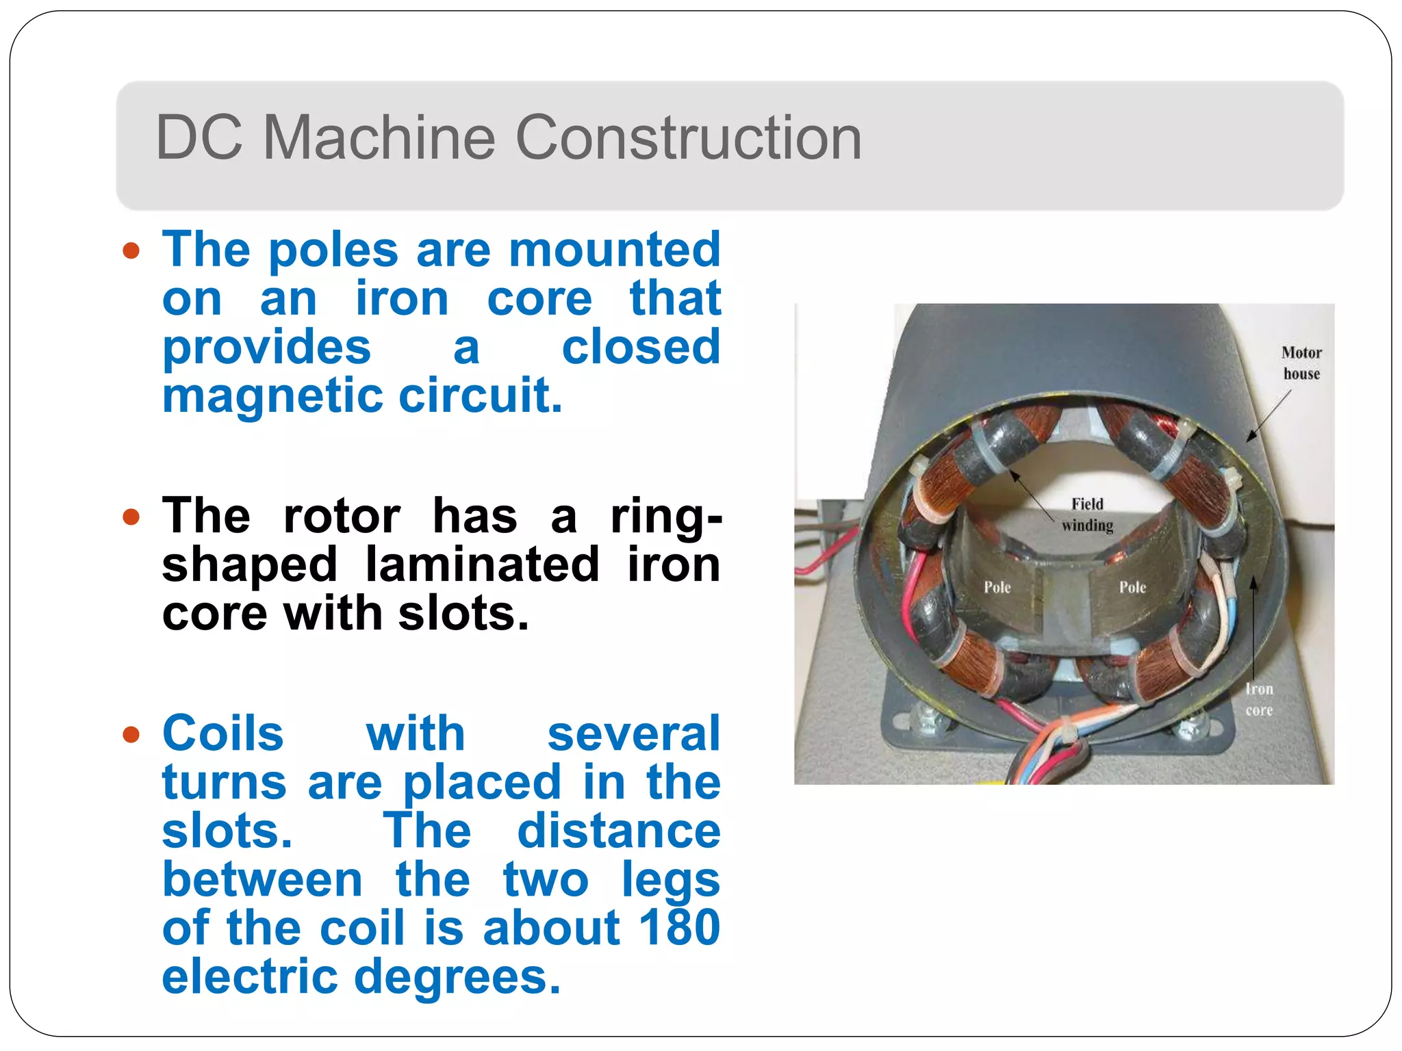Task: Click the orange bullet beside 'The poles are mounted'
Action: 131,250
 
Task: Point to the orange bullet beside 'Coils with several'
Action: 131,734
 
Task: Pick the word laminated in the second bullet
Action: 483,565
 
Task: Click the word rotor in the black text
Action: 342,516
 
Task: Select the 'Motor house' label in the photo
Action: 1301,363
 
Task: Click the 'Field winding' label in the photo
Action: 1087,515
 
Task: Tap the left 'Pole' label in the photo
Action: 997,587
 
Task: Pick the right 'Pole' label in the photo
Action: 1132,587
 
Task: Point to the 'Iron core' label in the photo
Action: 1259,699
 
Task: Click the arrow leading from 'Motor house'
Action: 1268,416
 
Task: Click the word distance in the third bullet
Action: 619,831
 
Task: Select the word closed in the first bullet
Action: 641,347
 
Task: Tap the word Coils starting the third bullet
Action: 223,734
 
